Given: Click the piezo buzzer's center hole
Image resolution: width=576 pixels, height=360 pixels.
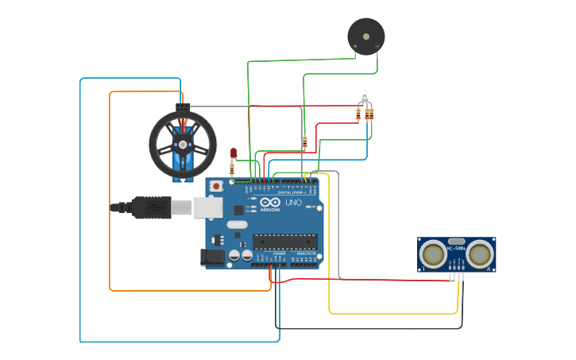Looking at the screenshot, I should pos(366,36).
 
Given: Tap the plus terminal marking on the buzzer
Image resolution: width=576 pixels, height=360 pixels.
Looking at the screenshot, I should pos(355,46).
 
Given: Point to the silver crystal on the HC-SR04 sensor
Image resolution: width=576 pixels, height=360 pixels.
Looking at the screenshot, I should pos(456,241).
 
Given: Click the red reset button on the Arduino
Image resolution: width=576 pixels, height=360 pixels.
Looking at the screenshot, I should pos(215,186).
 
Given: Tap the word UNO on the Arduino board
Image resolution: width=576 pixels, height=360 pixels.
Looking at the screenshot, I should pos(293,203).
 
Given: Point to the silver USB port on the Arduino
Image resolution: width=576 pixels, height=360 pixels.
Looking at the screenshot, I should pos(208,207).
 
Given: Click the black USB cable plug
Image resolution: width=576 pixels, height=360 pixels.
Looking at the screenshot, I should pos(151,207).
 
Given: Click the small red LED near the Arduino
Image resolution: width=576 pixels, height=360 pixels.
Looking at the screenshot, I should pos(234,152).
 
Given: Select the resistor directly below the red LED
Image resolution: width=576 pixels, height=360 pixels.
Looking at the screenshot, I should pos(232,168).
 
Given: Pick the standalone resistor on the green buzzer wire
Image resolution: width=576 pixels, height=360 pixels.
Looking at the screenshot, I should pos(304,142).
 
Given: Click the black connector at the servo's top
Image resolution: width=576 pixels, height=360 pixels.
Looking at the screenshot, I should pos(183,106).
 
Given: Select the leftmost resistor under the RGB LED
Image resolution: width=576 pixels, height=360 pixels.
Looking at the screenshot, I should pos(358,114).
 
